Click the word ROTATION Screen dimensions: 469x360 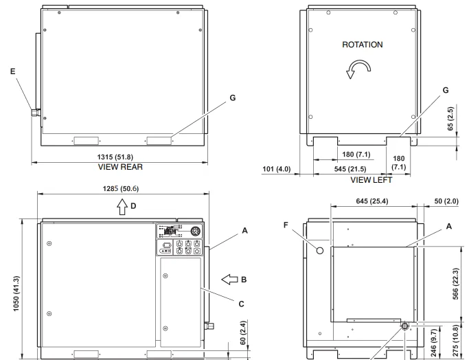[x=362, y=45]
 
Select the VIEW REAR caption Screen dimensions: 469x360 [x=120, y=167]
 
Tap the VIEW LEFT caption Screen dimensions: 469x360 [x=371, y=180]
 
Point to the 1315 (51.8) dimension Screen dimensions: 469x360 [x=115, y=157]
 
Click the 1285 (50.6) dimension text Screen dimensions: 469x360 [x=121, y=189]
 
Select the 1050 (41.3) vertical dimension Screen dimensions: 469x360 [x=16, y=293]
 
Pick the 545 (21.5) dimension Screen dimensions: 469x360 [x=350, y=169]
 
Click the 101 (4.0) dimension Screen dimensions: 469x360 [x=276, y=169]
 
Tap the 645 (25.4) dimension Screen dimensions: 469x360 [x=372, y=201]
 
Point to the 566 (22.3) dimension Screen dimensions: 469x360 [x=455, y=284]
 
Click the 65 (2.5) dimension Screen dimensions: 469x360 [x=450, y=118]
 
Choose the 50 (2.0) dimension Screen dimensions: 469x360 [x=446, y=201]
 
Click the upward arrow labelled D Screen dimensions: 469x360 [x=122, y=207]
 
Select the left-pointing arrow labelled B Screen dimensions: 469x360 [x=229, y=280]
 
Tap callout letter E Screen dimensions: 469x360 [x=12, y=71]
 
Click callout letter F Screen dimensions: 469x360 [x=286, y=225]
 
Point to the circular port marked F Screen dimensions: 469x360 [x=320, y=251]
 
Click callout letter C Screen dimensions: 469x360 [x=242, y=304]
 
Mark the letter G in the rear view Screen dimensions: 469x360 [x=233, y=98]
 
